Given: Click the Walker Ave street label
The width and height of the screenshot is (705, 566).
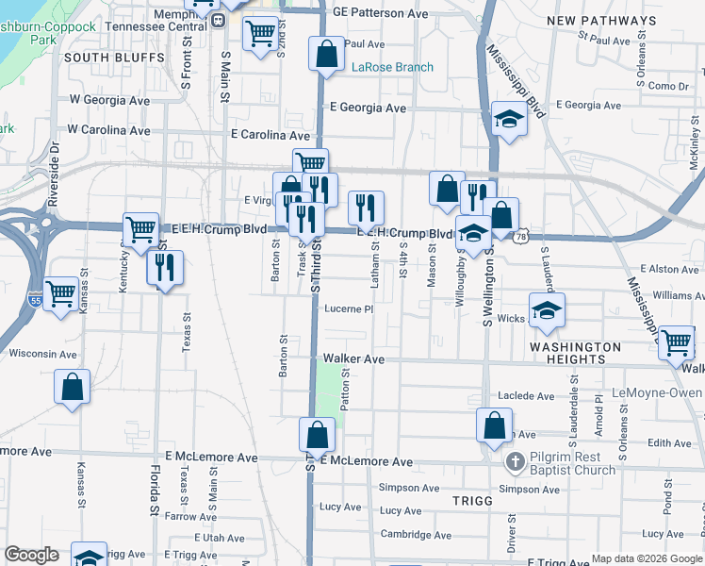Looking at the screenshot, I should click(353, 359).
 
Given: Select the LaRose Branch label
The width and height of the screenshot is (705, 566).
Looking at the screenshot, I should click(392, 67).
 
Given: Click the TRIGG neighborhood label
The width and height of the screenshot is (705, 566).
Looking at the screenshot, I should click(472, 501).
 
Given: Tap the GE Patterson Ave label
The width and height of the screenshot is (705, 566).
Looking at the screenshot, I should click(380, 14).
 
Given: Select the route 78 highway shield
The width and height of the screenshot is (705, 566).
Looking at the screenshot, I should click(521, 238).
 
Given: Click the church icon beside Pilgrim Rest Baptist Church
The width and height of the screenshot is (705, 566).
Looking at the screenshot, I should click(514, 461).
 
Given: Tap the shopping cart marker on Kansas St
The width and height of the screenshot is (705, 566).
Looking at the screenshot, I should click(60, 292).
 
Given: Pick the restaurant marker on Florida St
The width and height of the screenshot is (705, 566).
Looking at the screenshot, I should click(164, 267).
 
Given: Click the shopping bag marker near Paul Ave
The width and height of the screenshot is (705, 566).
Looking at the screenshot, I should click(326, 54).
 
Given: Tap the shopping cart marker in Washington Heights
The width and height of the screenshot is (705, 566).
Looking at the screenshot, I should click(676, 342).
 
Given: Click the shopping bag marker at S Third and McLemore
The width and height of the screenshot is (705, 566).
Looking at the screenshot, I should click(318, 435).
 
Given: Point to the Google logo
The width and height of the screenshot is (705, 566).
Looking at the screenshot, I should click(31, 555).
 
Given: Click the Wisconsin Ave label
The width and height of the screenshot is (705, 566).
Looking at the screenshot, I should click(42, 354).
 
